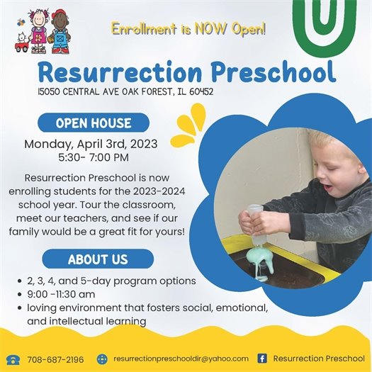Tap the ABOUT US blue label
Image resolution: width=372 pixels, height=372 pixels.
[x=97, y=259]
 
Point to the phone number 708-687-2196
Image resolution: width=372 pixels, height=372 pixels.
[x=55, y=359]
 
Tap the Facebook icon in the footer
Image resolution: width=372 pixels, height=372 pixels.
[x=262, y=359]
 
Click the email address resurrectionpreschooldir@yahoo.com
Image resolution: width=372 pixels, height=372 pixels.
[x=181, y=359]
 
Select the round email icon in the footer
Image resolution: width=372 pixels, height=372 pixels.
[x=102, y=359]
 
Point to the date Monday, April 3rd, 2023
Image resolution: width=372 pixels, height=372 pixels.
[x=91, y=144]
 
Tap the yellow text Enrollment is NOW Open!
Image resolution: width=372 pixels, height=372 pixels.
[x=188, y=30]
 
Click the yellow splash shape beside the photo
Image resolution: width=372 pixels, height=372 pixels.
[x=188, y=125]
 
